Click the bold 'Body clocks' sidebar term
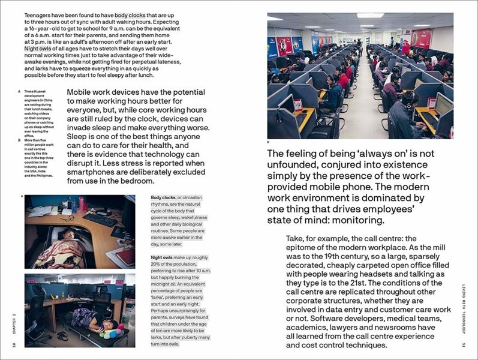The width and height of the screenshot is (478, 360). [163, 197]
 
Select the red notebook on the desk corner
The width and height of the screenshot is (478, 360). [126, 256]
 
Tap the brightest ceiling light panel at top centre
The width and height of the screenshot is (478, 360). [370, 16]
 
